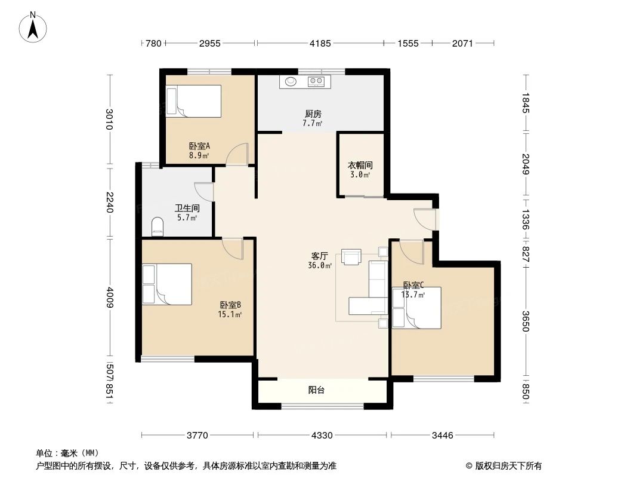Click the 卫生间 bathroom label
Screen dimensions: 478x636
(x=186, y=209)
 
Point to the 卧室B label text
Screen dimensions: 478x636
(x=229, y=305)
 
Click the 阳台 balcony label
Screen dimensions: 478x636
(x=316, y=390)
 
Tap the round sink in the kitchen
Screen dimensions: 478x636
(x=291, y=82)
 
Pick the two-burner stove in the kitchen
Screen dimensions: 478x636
(x=316, y=82)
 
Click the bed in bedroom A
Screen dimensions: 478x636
(x=194, y=100)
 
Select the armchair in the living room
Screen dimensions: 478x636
(x=351, y=256)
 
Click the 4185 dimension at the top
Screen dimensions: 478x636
(x=320, y=43)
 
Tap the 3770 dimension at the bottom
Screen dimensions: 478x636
(x=197, y=435)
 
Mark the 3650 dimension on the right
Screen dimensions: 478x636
(x=525, y=320)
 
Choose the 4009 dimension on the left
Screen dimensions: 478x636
(x=109, y=297)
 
